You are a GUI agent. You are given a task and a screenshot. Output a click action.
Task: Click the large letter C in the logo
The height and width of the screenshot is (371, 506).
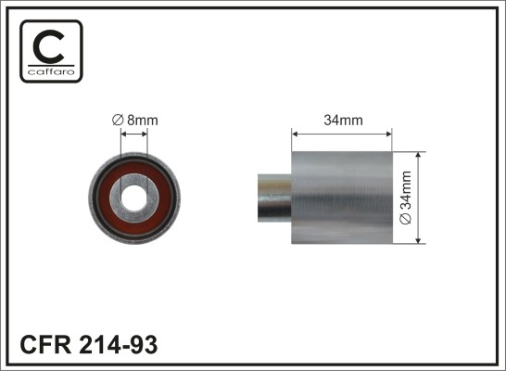(49, 46)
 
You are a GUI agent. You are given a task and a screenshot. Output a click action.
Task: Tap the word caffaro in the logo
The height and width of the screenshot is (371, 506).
(51, 71)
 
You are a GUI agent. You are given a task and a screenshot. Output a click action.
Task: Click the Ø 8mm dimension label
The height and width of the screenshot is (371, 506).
(135, 121)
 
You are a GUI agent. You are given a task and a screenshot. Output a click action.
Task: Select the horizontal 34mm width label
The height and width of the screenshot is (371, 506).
(343, 121)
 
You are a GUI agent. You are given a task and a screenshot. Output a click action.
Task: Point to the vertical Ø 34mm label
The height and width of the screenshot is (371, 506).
(405, 198)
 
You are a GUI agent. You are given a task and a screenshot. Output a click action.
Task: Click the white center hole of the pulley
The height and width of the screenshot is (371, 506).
(134, 198)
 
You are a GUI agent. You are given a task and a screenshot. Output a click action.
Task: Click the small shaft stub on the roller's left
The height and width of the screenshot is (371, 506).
(274, 198)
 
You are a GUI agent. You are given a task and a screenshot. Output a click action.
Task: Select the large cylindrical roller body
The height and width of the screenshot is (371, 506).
(342, 198)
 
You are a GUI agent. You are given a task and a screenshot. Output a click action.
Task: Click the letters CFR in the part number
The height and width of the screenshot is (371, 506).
(45, 344)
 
